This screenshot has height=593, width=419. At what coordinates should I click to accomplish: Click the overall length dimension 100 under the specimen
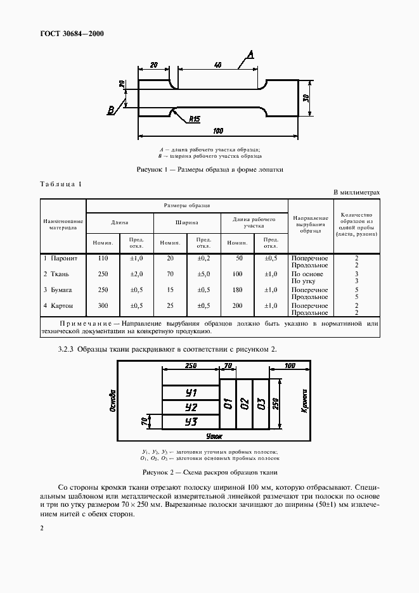coord(218,131)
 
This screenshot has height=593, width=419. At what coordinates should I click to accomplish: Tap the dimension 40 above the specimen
coord(217,65)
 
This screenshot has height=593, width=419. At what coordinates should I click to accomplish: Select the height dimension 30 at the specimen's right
coord(306,98)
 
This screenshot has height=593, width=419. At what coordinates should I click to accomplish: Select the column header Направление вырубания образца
coord(311,225)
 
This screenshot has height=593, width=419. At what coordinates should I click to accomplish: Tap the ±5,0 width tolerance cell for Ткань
coord(203,274)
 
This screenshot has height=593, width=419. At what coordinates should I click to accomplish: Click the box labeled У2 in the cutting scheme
coord(190,407)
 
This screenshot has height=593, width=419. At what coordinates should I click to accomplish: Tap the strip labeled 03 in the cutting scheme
coord(261,404)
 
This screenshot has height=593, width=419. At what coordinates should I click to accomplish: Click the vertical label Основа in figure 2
coord(112,400)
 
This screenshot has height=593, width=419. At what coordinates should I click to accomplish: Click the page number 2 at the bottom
coord(41,528)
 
